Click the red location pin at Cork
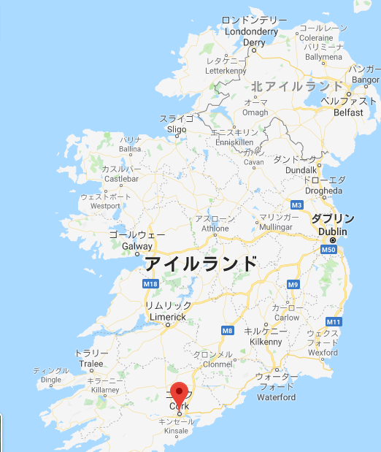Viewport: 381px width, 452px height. coord(179,392)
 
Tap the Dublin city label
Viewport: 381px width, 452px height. coord(333,231)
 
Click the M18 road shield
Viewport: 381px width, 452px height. coord(150,283)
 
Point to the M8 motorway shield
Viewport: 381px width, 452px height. coord(227,330)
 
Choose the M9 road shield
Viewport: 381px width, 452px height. coord(293,284)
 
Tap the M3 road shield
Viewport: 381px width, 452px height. coord(296,204)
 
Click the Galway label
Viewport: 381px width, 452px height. coord(137,246)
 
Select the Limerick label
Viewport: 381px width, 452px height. coord(168,316)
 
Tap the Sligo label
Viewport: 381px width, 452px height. coord(177,129)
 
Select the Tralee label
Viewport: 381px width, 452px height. coord(91,364)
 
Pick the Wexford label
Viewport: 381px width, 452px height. coord(323,352)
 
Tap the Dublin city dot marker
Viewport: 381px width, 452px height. coord(333,240)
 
